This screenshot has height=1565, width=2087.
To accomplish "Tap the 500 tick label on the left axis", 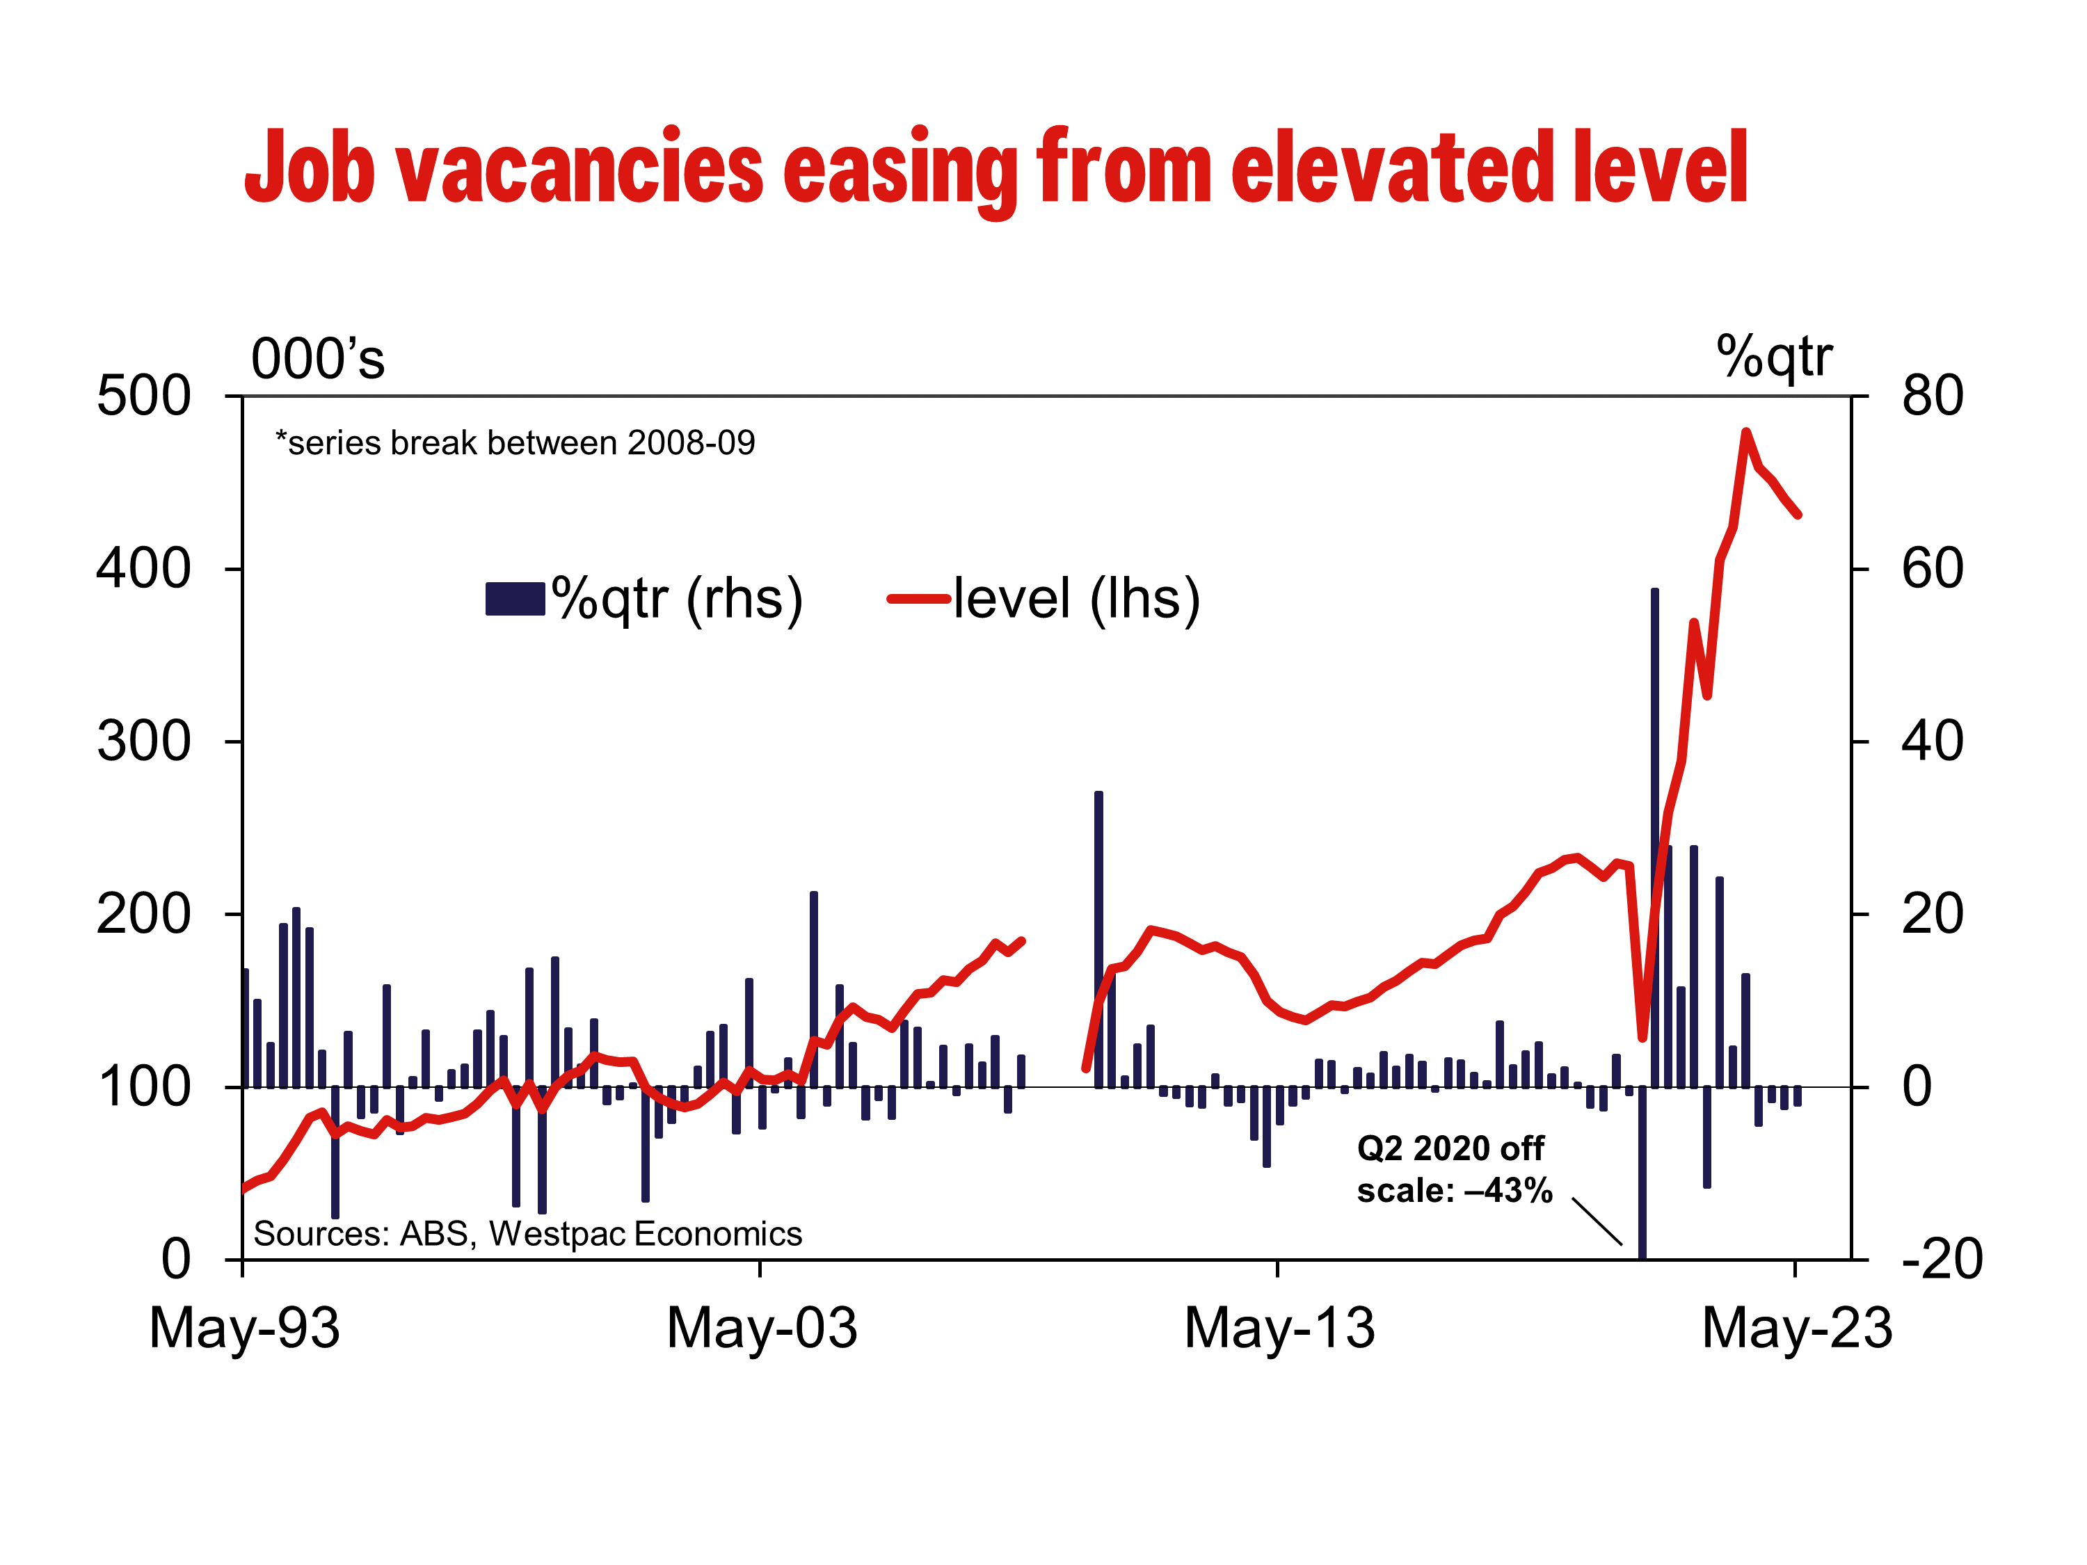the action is pyautogui.click(x=143, y=396).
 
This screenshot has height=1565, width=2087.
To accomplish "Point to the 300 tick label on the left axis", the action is pyautogui.click(x=143, y=741).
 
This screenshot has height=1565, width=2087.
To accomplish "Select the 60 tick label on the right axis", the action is pyautogui.click(x=1933, y=569).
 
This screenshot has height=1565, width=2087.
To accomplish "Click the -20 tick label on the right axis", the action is pyautogui.click(x=1942, y=1260).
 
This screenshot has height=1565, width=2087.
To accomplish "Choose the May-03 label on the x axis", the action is pyautogui.click(x=761, y=1329).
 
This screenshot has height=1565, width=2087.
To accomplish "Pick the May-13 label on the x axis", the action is pyautogui.click(x=1279, y=1329).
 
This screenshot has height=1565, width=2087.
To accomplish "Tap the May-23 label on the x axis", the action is pyautogui.click(x=1798, y=1329).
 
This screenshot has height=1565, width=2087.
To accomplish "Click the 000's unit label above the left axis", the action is pyautogui.click(x=318, y=360).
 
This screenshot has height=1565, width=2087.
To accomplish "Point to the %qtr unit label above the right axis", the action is pyautogui.click(x=1774, y=358).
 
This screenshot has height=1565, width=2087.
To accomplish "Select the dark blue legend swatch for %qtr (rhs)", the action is pyautogui.click(x=515, y=599).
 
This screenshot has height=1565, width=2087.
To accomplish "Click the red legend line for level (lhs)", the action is pyautogui.click(x=918, y=598).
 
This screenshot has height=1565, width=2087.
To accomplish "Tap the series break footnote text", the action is pyautogui.click(x=515, y=442).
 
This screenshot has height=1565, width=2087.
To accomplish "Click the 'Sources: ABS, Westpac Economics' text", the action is pyautogui.click(x=527, y=1234).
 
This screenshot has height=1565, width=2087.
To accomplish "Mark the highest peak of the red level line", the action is pyautogui.click(x=1745, y=432).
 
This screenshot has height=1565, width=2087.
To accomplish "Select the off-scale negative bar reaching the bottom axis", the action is pyautogui.click(x=1642, y=1173).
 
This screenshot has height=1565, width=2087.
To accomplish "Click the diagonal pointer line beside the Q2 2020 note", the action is pyautogui.click(x=1597, y=1221).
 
